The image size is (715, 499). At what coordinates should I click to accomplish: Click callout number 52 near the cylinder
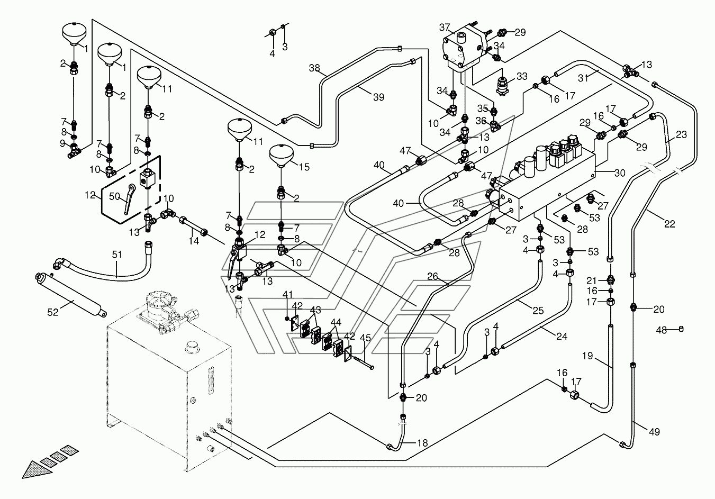(53, 312)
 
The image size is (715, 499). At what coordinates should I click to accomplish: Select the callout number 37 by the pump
(445, 28)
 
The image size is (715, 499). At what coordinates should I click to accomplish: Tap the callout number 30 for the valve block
(620, 173)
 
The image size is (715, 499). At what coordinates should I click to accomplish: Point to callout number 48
(662, 330)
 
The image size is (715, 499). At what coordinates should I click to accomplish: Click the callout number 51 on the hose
(117, 255)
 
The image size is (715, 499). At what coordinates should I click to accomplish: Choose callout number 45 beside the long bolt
(366, 338)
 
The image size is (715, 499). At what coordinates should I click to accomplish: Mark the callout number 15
(304, 167)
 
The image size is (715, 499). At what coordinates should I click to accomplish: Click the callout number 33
(522, 76)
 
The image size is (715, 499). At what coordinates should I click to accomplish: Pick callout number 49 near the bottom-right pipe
(654, 432)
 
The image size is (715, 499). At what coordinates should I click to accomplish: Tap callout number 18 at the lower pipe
(422, 443)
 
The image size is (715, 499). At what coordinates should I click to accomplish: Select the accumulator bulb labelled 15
(282, 156)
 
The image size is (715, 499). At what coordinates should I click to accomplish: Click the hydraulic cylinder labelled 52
(71, 295)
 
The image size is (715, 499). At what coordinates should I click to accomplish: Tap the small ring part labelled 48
(681, 329)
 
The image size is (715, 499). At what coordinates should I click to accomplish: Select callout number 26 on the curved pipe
(432, 276)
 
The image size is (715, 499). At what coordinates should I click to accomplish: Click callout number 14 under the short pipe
(194, 241)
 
